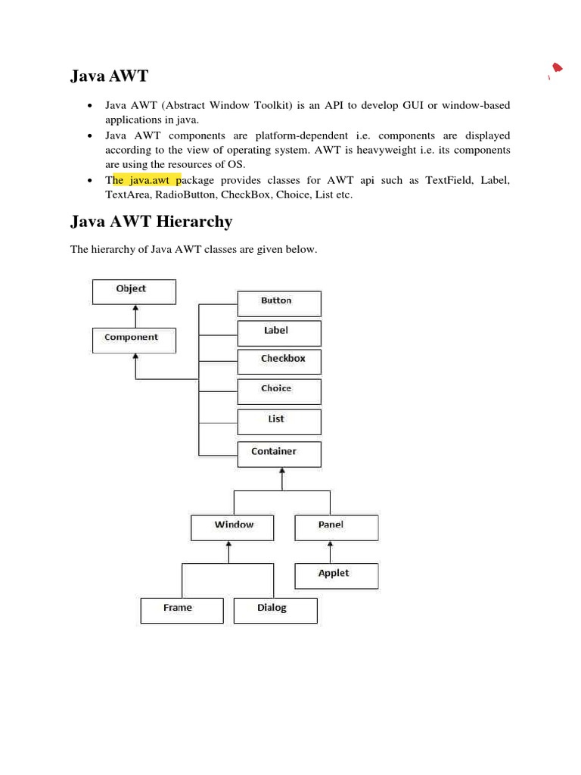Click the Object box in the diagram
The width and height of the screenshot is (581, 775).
click(x=134, y=291)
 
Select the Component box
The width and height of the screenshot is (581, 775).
click(x=134, y=340)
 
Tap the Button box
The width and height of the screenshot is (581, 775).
click(x=279, y=303)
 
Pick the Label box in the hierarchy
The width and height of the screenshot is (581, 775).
click(x=279, y=333)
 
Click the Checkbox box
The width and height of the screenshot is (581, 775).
click(x=279, y=361)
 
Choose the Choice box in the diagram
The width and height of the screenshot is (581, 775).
click(x=279, y=391)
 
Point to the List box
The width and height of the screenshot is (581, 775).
click(x=279, y=422)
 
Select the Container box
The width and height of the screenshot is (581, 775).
click(x=279, y=454)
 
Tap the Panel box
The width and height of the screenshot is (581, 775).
click(x=336, y=528)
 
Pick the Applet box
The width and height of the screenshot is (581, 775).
click(x=336, y=576)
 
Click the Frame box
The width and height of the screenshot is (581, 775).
click(x=182, y=610)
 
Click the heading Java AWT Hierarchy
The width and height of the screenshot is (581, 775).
click(x=151, y=222)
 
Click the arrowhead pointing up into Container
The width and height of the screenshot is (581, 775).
click(x=282, y=472)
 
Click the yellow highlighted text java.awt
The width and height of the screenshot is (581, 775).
click(x=147, y=180)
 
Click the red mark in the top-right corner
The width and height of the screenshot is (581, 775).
click(x=557, y=69)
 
